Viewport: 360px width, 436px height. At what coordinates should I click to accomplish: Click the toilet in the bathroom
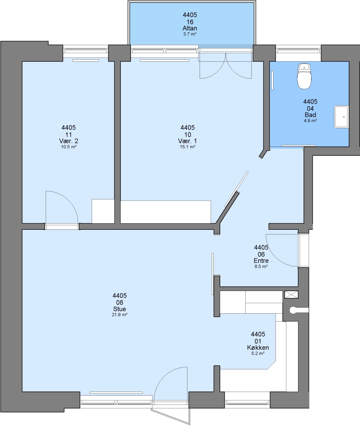[x=304, y=76]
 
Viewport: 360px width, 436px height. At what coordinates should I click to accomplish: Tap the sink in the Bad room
[x=341, y=117]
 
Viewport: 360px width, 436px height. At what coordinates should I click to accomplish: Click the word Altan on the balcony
[x=190, y=28]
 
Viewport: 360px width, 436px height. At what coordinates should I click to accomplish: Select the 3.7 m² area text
[x=190, y=34]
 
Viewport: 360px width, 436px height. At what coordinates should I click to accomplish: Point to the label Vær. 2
[x=69, y=141]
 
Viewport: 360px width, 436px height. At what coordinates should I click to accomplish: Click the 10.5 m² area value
[x=69, y=147]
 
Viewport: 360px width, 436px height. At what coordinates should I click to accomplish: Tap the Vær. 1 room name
[x=187, y=141]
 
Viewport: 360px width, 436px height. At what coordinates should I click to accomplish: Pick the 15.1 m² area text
[x=187, y=147]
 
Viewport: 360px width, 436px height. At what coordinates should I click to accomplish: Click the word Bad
[x=310, y=115]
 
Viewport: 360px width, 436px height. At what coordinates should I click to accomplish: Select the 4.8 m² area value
[x=310, y=121]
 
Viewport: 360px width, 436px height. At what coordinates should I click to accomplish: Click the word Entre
[x=261, y=260]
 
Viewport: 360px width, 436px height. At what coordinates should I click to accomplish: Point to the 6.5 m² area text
[x=261, y=266]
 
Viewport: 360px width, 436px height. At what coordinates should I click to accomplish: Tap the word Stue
[x=120, y=309]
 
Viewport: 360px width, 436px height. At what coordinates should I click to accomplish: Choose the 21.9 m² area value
[x=120, y=315]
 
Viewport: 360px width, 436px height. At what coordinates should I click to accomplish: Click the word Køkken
[x=258, y=348]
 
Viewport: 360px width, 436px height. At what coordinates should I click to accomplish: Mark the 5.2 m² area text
[x=258, y=353]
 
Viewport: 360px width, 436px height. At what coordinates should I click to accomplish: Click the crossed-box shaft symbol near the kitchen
[x=291, y=294]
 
